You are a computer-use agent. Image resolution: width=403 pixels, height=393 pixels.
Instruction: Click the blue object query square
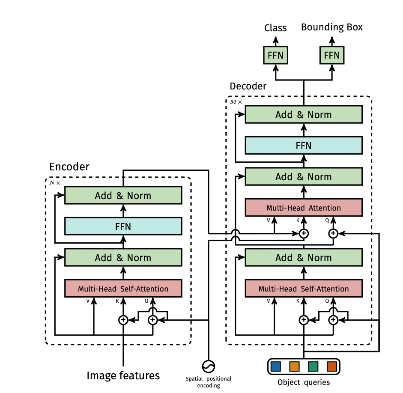pyautogui.click(x=276, y=366)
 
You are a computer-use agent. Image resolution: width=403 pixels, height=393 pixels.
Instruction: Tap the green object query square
pyautogui.click(x=313, y=366)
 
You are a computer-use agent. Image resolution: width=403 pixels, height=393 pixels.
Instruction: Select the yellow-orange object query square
pyautogui.click(x=294, y=366)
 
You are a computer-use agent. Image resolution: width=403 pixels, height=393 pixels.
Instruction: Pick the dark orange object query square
pyautogui.click(x=332, y=366)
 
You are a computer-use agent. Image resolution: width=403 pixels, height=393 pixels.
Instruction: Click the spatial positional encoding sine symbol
pyautogui.click(x=209, y=366)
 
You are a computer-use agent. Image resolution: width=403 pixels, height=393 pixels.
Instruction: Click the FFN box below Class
pyautogui.click(x=275, y=55)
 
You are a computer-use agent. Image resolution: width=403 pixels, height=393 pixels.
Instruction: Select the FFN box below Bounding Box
pyautogui.click(x=332, y=55)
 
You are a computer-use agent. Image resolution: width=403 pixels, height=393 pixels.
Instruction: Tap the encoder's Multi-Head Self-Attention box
pyautogui.click(x=123, y=289)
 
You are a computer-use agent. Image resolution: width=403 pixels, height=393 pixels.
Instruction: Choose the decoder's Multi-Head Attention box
pyautogui.click(x=304, y=208)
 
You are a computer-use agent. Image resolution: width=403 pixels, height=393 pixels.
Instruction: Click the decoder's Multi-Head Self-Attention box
pyautogui.click(x=304, y=289)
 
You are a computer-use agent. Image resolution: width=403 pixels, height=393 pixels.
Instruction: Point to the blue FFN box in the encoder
pyautogui.click(x=123, y=226)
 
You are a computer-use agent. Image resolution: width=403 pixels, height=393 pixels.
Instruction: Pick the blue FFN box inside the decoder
pyautogui.click(x=304, y=146)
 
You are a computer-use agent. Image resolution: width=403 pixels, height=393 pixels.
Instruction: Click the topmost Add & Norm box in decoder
pyautogui.click(x=304, y=114)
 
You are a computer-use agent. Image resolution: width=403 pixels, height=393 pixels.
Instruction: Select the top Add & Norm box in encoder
pyautogui.click(x=123, y=195)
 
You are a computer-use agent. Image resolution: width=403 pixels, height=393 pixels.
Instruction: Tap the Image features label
pyautogui.click(x=123, y=375)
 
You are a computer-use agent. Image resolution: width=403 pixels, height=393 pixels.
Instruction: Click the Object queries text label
pyautogui.click(x=304, y=382)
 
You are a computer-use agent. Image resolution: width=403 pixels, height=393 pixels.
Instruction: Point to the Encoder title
pyautogui.click(x=69, y=167)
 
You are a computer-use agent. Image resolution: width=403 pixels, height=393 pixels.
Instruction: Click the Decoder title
pyautogui.click(x=248, y=86)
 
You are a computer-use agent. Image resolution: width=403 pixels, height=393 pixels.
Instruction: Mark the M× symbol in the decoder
pyautogui.click(x=236, y=102)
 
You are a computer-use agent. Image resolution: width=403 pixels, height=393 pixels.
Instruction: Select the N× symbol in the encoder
pyautogui.click(x=55, y=183)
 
